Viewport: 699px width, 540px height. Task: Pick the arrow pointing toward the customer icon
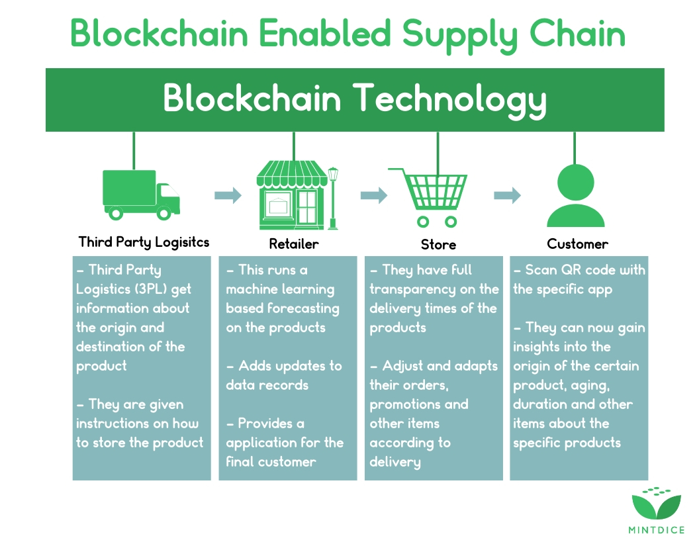[x=508, y=195]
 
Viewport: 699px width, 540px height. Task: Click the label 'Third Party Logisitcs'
[x=144, y=242]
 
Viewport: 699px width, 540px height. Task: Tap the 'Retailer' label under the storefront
[x=294, y=244]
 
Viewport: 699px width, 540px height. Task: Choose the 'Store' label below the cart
[x=438, y=245]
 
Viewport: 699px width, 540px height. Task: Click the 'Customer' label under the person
[x=577, y=244]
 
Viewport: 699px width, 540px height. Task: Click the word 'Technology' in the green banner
[x=449, y=99]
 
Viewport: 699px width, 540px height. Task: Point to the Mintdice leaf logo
[x=656, y=504]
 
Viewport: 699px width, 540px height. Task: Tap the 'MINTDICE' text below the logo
[x=656, y=530]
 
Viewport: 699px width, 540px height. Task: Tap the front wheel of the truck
[x=163, y=213]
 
